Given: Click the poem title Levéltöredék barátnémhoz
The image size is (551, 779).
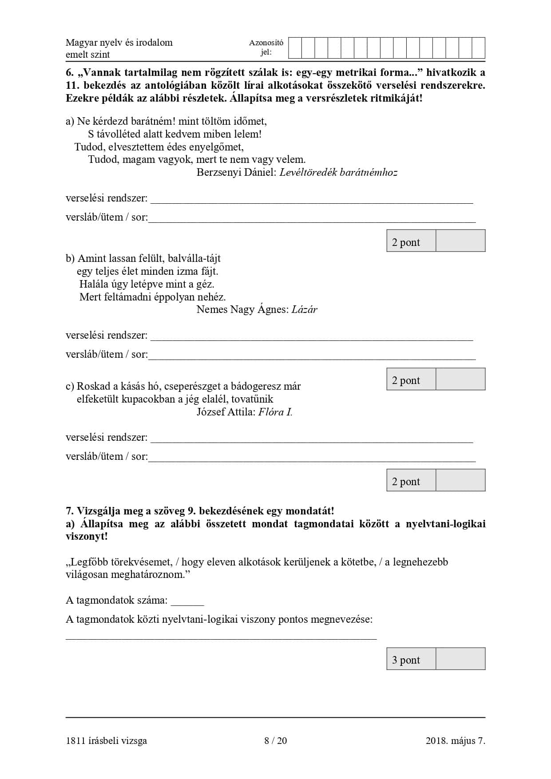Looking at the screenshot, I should [338, 173].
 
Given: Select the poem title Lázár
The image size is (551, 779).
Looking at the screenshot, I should [304, 310].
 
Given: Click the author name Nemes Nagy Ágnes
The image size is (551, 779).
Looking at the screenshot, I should [242, 310].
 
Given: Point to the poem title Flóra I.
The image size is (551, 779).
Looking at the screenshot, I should [275, 412].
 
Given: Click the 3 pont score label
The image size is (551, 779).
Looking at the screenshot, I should [406, 660].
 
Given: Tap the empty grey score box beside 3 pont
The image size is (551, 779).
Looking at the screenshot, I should [460, 659].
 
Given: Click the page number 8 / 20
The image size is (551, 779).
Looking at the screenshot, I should [275, 740].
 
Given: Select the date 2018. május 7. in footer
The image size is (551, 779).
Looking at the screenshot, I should [455, 740].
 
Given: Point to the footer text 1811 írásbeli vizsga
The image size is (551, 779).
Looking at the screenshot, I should [106, 740].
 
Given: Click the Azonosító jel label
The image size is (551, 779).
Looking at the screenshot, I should [266, 47].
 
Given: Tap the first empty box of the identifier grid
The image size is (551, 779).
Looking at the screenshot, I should [295, 48].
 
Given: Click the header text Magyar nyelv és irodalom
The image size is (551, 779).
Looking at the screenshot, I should [119, 43].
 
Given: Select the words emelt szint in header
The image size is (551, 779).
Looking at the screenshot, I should [87, 55].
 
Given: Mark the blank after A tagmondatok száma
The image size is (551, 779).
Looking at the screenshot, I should [187, 601].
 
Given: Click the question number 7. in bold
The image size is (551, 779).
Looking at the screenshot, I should [70, 511].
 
